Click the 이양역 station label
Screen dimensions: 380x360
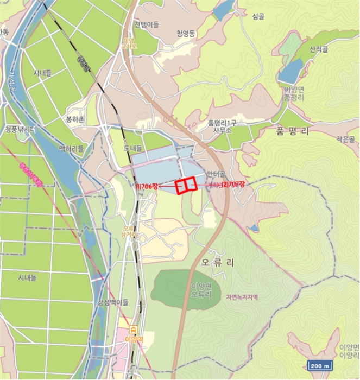pos(133,339)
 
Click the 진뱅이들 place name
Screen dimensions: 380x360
pos(147,25)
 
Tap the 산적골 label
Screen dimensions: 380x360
pos(319,49)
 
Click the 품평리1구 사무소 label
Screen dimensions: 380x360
pos(223,126)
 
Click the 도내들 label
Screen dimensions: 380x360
pos(131,148)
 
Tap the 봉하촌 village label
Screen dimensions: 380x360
pos(75,119)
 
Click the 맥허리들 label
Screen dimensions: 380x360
pos(72,148)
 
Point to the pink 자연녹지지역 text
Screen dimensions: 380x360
pos(242,297)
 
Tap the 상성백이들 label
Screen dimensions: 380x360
pos(113,302)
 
